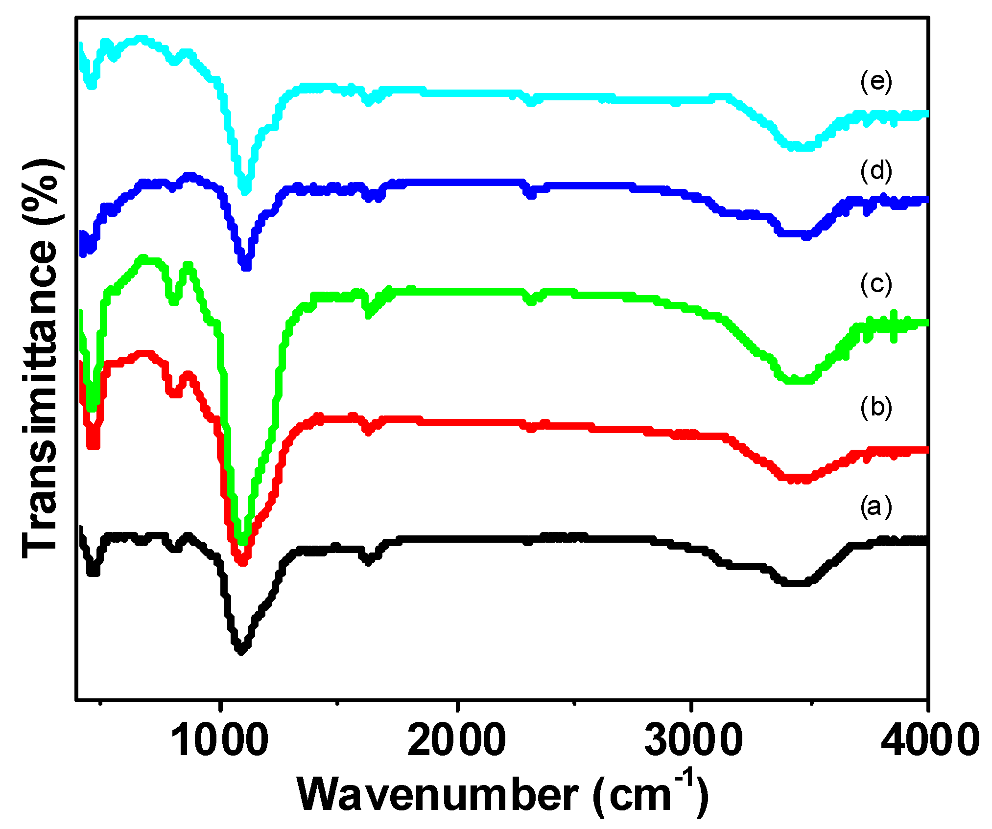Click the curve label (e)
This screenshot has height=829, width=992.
tap(876, 82)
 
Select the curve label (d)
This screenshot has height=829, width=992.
tap(876, 171)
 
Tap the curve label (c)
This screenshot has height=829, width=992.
tap(876, 284)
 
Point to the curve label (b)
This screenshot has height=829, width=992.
tap(876, 408)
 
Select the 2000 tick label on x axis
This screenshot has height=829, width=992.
tap(456, 740)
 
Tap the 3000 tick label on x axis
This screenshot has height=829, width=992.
tap(693, 740)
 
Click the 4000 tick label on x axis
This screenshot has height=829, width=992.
tap(929, 740)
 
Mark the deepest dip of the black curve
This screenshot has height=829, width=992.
tap(241, 651)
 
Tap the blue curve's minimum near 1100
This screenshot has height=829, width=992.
tap(246, 267)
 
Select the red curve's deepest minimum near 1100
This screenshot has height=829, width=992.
tap(242, 562)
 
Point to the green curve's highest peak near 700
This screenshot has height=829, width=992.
tap(143, 258)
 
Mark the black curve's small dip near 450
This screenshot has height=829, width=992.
tap(93, 571)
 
